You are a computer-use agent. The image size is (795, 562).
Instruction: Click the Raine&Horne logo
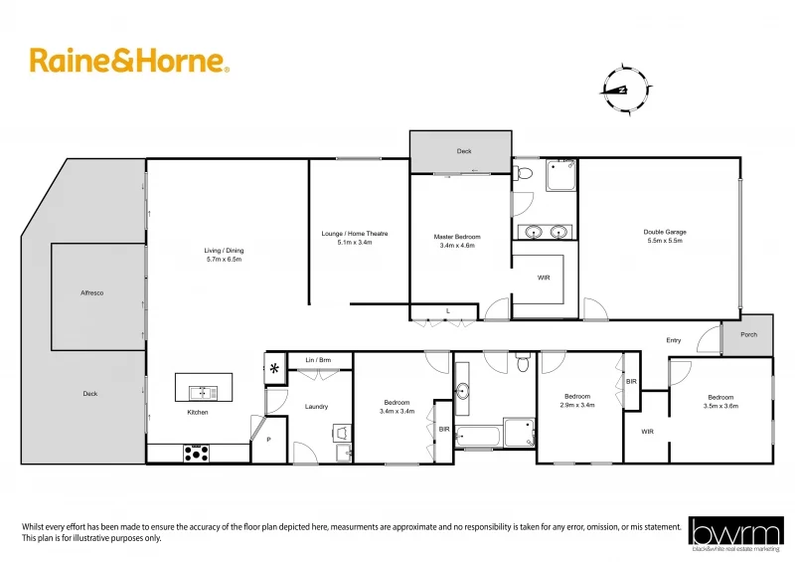point(129,61)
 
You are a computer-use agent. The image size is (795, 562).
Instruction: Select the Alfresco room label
point(92,293)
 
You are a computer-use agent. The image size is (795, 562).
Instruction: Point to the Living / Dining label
point(224,250)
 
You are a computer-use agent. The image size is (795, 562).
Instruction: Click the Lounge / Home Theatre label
point(355,234)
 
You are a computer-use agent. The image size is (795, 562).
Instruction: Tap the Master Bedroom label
point(457,237)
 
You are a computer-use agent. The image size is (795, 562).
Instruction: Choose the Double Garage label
point(665,232)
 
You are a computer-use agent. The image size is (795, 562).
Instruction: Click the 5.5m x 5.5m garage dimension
point(665,241)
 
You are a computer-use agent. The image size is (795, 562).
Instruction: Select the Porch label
point(748,334)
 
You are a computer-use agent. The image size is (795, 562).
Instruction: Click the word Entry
point(674,340)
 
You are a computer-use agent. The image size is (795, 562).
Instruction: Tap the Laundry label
point(316,406)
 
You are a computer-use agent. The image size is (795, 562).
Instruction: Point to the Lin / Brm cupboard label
point(318,359)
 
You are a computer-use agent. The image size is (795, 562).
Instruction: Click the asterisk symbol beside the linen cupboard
point(274,369)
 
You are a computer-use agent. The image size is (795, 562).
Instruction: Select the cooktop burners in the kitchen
point(197,453)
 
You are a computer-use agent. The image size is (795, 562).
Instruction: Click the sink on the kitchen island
point(203,390)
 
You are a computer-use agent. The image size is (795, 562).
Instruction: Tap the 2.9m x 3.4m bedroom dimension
point(576,405)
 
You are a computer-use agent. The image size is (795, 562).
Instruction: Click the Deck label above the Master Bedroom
point(464,151)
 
